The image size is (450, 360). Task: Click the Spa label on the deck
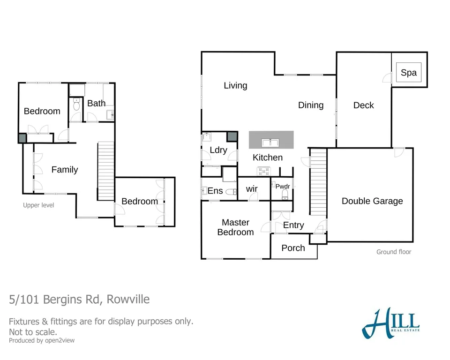click(x=409, y=73)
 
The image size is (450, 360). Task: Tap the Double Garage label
click(x=372, y=201)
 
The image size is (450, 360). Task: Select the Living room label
click(x=235, y=85)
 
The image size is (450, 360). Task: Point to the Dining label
click(x=311, y=105)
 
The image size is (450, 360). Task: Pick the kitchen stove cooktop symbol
click(x=263, y=171)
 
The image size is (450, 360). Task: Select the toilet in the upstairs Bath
click(x=76, y=106)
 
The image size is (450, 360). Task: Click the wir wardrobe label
click(x=252, y=189)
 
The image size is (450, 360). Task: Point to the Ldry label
click(x=218, y=150)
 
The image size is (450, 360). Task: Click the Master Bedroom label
click(x=235, y=227)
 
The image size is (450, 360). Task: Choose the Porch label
click(x=293, y=248)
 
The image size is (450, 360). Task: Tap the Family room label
click(x=65, y=170)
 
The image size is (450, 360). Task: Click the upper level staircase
click(x=106, y=171)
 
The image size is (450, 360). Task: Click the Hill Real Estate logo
click(x=390, y=323)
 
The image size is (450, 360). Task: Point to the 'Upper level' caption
click(x=38, y=205)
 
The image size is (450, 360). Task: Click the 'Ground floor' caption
click(x=394, y=252)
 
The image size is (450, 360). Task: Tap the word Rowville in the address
click(x=128, y=299)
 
